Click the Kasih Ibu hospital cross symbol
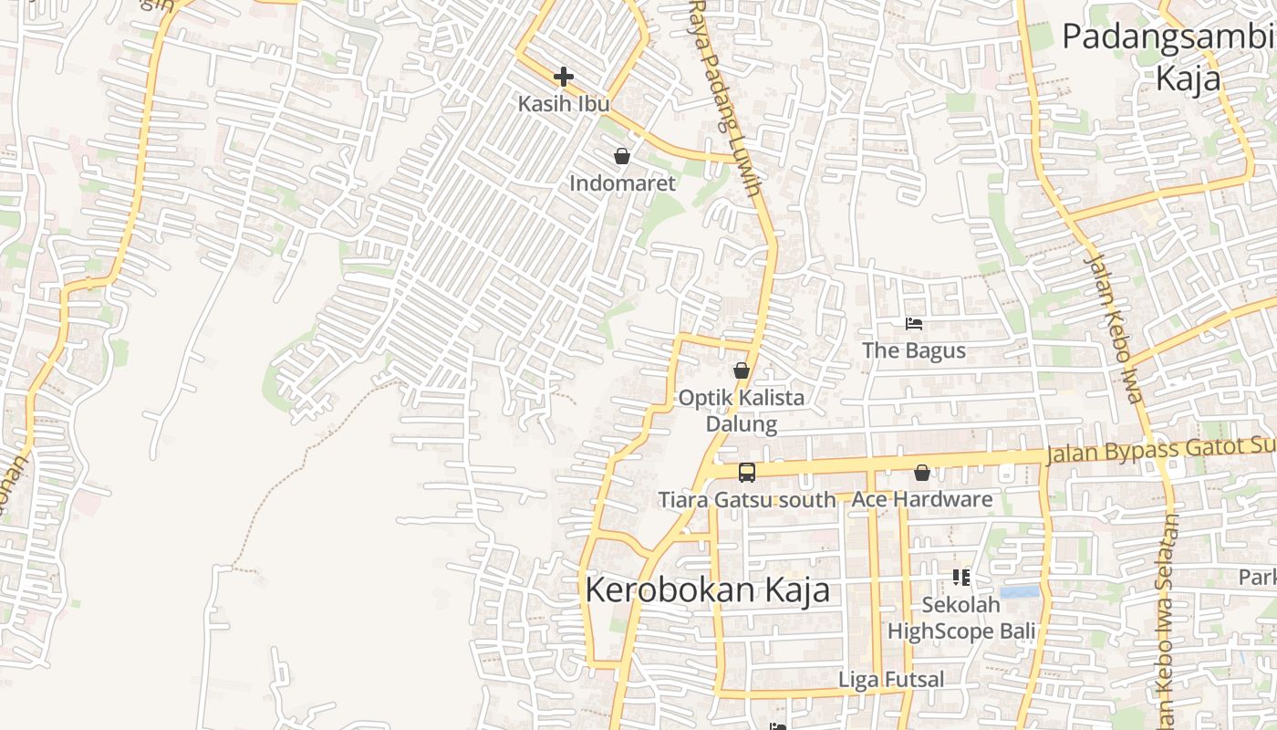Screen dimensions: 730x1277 [564, 77]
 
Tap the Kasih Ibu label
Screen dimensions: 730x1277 [564, 104]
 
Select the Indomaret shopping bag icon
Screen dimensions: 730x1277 [622, 156]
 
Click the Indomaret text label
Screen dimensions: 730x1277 [622, 183]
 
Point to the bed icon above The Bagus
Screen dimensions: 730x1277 [914, 324]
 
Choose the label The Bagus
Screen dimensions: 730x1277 [914, 350]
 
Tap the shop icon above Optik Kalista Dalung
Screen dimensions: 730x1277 [742, 370]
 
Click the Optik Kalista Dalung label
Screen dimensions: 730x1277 [742, 411]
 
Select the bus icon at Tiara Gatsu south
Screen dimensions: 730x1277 [747, 472]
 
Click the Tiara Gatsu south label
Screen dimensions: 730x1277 [747, 500]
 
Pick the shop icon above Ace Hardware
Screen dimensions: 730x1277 [922, 473]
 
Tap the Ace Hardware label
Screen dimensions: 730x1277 [922, 500]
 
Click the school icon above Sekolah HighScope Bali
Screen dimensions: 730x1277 [960, 577]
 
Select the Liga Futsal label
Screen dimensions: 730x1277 [891, 680]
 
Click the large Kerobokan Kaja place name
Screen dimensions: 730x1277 [707, 589]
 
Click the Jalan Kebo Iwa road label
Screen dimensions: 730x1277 [1114, 328]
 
